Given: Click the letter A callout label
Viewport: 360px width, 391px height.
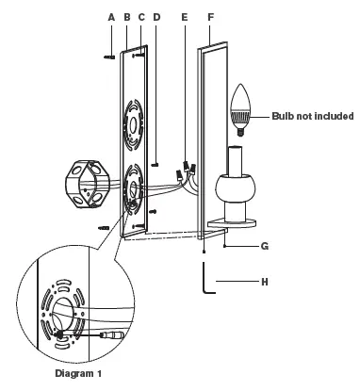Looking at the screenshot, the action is tap(111, 18).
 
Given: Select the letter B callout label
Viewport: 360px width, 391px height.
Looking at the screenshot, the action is tap(127, 18).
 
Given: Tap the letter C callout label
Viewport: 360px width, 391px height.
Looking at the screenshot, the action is tap(141, 17).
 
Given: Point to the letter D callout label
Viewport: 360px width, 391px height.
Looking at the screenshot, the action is tap(156, 17).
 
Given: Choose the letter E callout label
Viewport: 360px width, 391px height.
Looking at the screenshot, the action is tap(185, 17).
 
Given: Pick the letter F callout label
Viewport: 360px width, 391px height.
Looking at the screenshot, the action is tap(211, 17).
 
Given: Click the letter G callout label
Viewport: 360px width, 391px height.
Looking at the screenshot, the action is tap(265, 246).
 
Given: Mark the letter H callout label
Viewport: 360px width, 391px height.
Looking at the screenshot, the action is tap(265, 282).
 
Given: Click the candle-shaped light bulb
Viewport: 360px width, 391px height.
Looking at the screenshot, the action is tap(241, 109).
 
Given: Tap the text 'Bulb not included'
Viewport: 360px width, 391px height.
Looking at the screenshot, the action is tap(313, 116).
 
